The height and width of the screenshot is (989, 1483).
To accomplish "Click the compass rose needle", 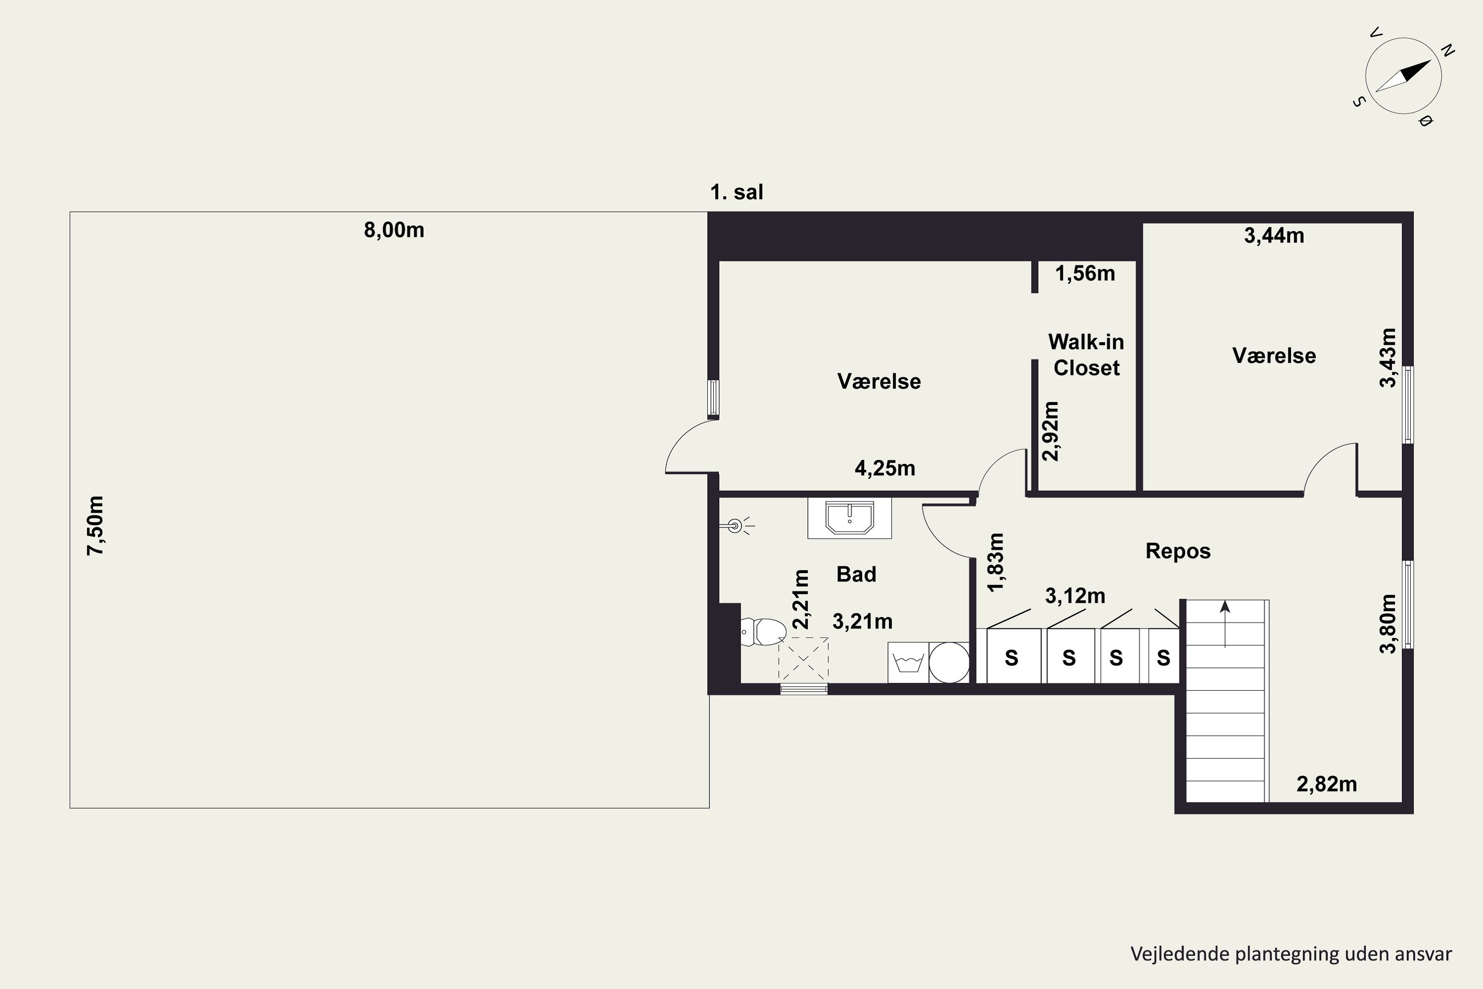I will [x=1403, y=76].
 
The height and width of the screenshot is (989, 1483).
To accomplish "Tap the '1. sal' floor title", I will [x=737, y=192].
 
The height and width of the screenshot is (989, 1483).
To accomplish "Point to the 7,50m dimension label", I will [x=95, y=525].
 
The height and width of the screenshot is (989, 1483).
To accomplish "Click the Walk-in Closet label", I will [x=1086, y=355].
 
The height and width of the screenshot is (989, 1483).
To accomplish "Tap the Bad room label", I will [x=856, y=574].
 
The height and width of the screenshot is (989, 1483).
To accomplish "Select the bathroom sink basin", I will [x=849, y=518].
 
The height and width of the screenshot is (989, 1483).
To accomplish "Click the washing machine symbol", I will [x=908, y=662].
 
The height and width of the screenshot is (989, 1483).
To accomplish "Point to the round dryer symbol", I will [x=949, y=662].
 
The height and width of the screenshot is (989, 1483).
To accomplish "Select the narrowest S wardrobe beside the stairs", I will [x=1163, y=657].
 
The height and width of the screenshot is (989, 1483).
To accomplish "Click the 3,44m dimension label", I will [x=1274, y=235].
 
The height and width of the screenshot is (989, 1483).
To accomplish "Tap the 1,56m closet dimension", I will [x=1085, y=273].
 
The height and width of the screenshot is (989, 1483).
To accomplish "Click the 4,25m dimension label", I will [x=885, y=468].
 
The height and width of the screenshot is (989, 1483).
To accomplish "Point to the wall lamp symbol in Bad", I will [x=735, y=525].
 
